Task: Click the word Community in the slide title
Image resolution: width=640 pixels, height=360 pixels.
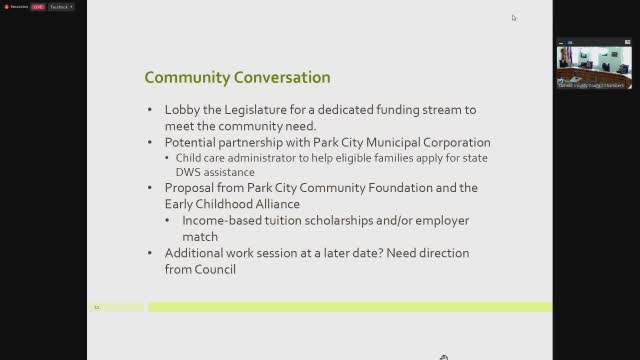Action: pos(181,77)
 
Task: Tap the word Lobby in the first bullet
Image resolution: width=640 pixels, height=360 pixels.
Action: pos(182,110)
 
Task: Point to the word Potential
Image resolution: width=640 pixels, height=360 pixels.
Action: pos(194,142)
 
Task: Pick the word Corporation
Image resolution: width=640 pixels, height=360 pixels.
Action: pos(451,142)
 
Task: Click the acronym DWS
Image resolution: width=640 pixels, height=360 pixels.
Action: pos(188,172)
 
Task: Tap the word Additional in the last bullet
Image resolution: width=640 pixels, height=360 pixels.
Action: pos(198,253)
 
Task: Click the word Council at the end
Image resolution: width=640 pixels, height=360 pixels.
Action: pos(217,269)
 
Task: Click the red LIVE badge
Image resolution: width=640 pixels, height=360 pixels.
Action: pos(37,6)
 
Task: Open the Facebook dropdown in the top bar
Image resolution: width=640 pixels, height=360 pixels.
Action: pos(62,6)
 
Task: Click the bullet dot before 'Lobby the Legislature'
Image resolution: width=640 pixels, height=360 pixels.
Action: pos(152,110)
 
